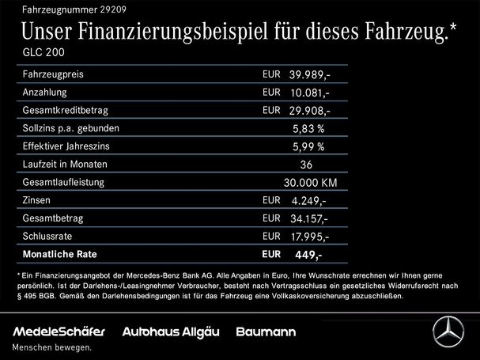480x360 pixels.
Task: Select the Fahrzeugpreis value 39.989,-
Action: pyautogui.click(x=310, y=75)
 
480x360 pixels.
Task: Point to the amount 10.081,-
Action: pyautogui.click(x=309, y=93)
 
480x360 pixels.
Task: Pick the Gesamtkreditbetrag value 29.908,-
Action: pyautogui.click(x=310, y=112)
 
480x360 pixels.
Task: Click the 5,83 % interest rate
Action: pyautogui.click(x=309, y=129)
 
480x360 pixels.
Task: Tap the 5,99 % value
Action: pyautogui.click(x=309, y=147)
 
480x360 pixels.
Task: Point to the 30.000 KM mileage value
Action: pyautogui.click(x=310, y=183)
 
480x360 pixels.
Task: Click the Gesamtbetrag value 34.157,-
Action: pyautogui.click(x=310, y=219)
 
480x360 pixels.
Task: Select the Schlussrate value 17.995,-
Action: pyautogui.click(x=310, y=237)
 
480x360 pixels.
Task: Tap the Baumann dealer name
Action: pyautogui.click(x=266, y=331)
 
